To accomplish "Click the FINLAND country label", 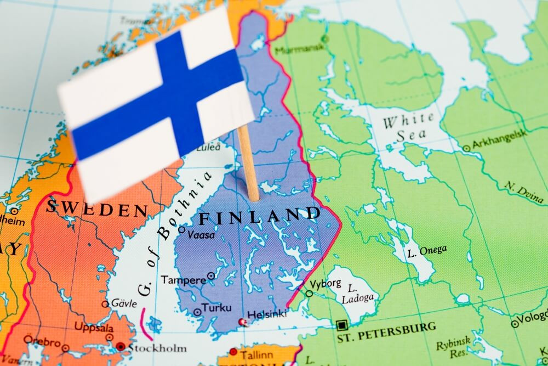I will click(x=259, y=216).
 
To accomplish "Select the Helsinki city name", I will click(x=267, y=314).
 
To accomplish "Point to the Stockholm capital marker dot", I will click(x=120, y=346).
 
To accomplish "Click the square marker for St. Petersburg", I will click(x=342, y=324).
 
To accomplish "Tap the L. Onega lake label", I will click(x=427, y=250).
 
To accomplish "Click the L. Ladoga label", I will click(x=358, y=294).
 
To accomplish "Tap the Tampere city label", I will click(x=184, y=279).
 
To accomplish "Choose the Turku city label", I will click(x=216, y=308).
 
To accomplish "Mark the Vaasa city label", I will click(x=201, y=235).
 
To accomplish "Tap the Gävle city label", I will click(x=124, y=303).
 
